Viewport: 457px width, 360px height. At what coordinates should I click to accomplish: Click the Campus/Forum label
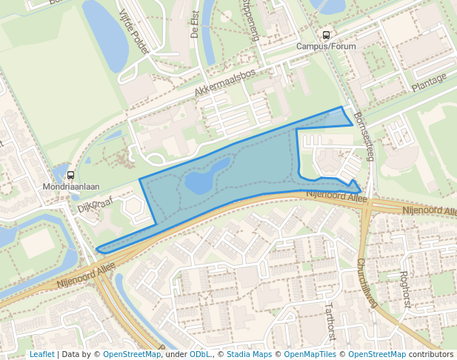(326, 46)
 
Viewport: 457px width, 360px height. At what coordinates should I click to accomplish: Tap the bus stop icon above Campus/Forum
(326, 35)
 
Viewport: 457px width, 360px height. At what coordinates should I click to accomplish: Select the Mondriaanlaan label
(71, 187)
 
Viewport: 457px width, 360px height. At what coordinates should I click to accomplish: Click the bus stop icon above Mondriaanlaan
(71, 176)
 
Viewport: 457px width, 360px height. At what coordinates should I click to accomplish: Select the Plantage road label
(430, 81)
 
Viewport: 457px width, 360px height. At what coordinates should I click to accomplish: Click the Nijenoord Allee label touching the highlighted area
(337, 198)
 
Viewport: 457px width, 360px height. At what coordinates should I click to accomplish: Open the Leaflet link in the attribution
(41, 354)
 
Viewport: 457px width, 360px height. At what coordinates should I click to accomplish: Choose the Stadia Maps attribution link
(248, 354)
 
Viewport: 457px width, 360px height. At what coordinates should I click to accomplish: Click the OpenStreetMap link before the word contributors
(377, 354)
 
